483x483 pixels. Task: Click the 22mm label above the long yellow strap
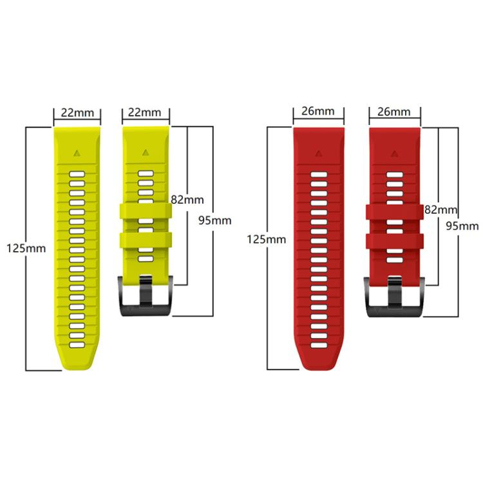[x=77, y=113]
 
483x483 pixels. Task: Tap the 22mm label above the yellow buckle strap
[x=144, y=112]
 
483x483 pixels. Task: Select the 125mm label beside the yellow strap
[x=26, y=249]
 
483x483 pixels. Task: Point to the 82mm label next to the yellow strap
[x=187, y=200]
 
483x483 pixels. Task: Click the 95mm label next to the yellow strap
[x=214, y=220]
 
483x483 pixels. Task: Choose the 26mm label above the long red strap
[x=318, y=111]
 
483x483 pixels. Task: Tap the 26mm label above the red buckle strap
[x=394, y=111]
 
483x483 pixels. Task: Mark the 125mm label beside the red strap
[x=267, y=240]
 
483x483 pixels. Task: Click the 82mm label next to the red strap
[x=440, y=210]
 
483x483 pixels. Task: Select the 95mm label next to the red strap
[x=462, y=226]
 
